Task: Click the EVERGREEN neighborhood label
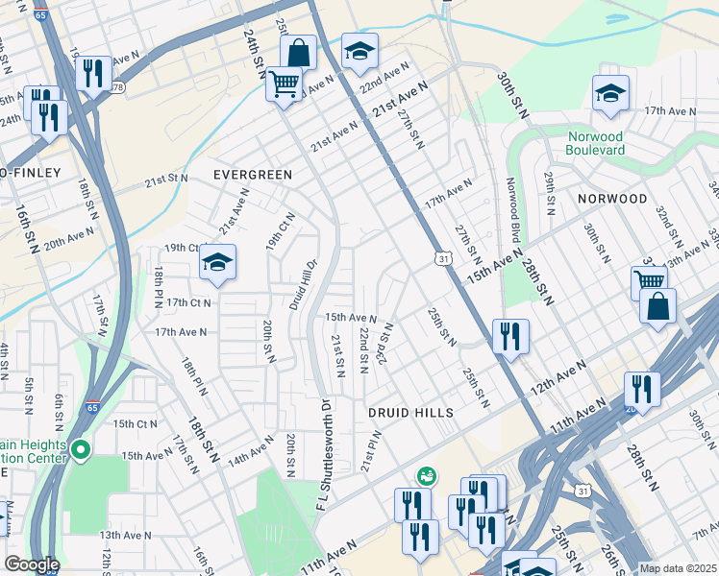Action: (252, 175)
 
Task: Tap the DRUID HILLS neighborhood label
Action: (409, 412)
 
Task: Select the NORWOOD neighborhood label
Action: (612, 199)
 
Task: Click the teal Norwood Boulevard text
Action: (596, 143)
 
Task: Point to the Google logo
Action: (31, 564)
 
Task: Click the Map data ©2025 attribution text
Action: (677, 568)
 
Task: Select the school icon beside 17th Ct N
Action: (217, 262)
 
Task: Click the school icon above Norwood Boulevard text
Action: (610, 93)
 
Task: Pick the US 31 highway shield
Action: (441, 259)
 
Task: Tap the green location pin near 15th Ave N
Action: (81, 449)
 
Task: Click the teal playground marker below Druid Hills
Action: (425, 475)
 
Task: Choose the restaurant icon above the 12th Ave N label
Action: (509, 336)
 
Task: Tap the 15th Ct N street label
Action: (135, 423)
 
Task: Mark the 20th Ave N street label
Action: (69, 237)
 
